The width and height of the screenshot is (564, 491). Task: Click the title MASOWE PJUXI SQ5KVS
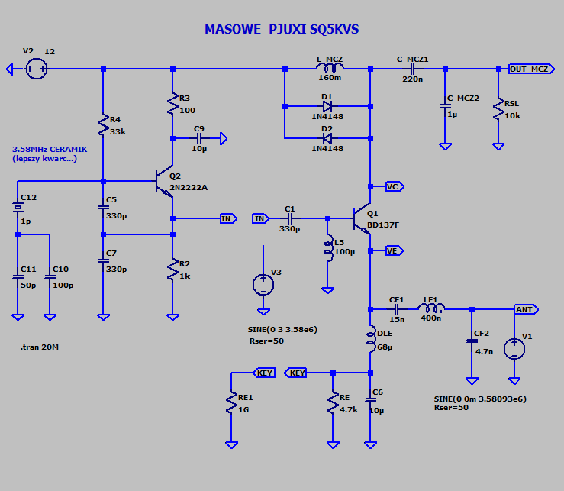[x=281, y=30]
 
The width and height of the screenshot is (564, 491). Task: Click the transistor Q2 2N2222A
[x=166, y=182]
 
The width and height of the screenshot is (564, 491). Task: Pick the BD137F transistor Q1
[x=363, y=219]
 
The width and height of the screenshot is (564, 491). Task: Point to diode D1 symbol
[x=327, y=105]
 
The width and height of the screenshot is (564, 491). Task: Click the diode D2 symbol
[x=327, y=138]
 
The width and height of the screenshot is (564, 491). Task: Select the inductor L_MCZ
[x=329, y=69]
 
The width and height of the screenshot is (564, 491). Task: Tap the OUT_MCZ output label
[x=529, y=69]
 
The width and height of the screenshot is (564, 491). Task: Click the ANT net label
[x=524, y=309]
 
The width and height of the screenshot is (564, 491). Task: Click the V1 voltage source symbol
[x=515, y=349]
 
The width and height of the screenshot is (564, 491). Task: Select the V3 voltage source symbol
[x=263, y=285]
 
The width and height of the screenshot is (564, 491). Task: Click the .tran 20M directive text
[x=40, y=347]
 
